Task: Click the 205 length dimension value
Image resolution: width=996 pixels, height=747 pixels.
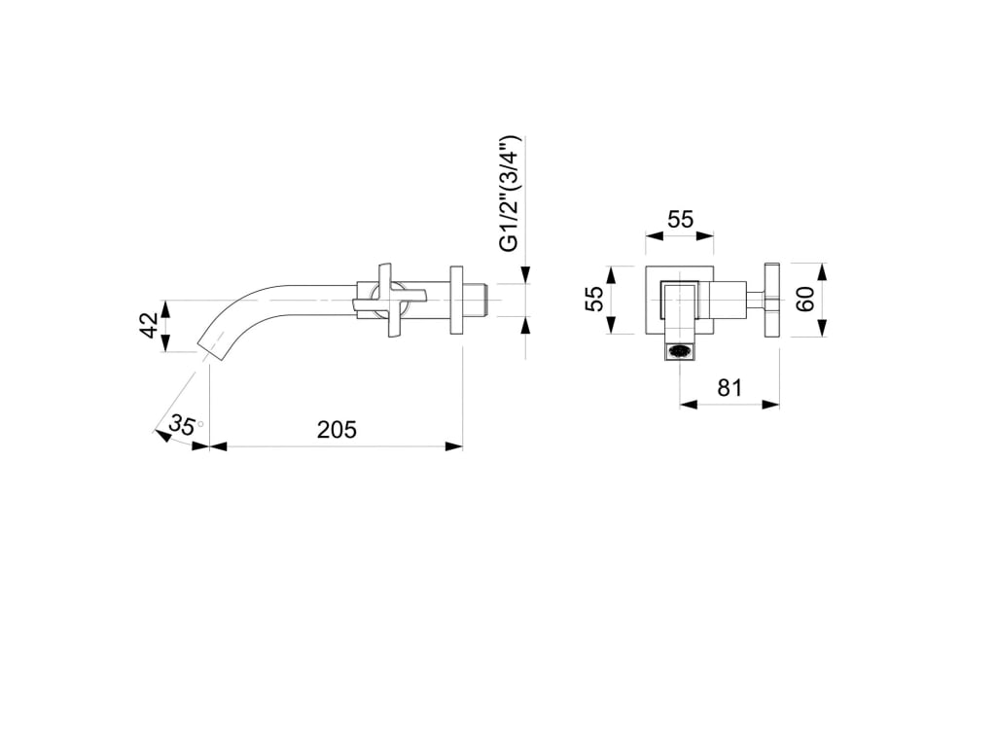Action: point(337,429)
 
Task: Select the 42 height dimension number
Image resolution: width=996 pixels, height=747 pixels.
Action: point(149,326)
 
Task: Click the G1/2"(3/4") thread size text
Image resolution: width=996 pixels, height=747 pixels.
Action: point(510,194)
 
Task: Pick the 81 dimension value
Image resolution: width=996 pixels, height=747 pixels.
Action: point(729,387)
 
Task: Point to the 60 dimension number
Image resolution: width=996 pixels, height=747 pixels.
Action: point(806,300)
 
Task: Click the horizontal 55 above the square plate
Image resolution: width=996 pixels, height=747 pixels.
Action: point(680,220)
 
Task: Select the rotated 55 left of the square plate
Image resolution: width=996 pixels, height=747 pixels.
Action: point(594,299)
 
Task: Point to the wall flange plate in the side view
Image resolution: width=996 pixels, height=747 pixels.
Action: point(455,300)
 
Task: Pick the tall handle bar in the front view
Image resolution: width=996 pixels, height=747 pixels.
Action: point(772,300)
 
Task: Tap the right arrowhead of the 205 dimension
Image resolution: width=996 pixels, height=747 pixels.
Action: point(453,446)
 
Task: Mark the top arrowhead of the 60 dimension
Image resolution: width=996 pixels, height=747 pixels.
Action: point(821,269)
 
